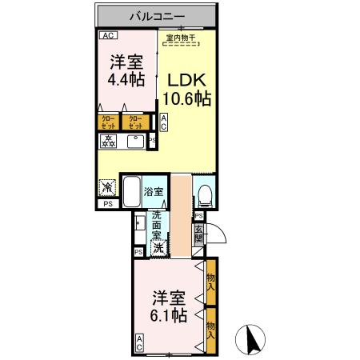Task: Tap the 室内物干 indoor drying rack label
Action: (x=182, y=37)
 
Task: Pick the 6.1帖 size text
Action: (x=169, y=314)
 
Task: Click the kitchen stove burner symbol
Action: (x=109, y=142)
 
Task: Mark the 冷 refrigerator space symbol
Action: (x=106, y=188)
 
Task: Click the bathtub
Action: (x=131, y=192)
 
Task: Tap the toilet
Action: (x=205, y=194)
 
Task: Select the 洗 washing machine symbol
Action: (x=158, y=247)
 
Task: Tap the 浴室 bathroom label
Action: (x=154, y=191)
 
